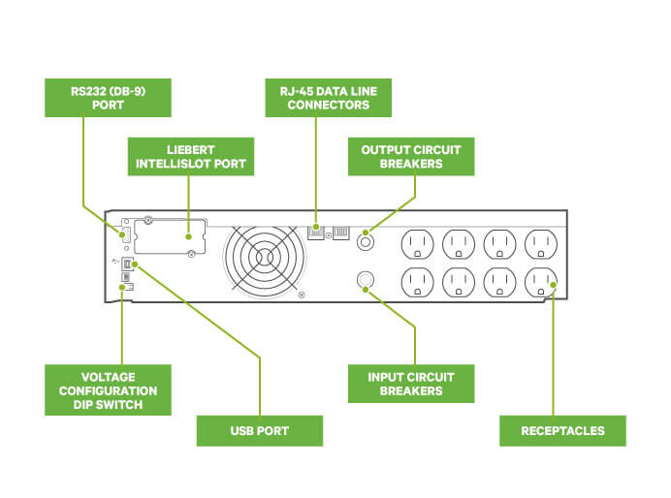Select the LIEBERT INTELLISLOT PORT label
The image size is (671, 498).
coord(192,157)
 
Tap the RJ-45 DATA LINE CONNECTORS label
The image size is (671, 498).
coord(329,98)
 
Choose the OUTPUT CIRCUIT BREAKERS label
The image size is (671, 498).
coord(411,157)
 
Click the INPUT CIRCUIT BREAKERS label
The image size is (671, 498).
coord(411,384)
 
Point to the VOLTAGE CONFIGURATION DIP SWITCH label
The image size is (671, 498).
coord(109,390)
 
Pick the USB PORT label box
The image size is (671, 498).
coord(259,430)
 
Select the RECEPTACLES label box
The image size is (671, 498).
coord(562,430)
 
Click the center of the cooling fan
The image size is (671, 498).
coord(264,255)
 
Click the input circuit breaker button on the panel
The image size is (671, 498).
coord(365,280)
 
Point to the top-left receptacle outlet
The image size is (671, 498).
coord(418,242)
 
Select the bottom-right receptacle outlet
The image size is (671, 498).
coord(541,282)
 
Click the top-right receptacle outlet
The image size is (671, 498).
coord(541,242)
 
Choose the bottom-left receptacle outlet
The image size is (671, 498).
coord(418,282)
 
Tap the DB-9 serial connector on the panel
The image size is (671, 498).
coord(123,235)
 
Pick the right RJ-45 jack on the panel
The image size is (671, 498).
coord(340,233)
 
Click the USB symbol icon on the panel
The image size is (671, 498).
coord(115,261)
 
